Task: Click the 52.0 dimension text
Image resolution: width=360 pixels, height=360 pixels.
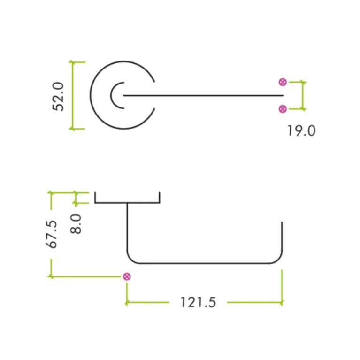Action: tap(58, 96)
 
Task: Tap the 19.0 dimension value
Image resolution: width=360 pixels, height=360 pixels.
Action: tap(301, 130)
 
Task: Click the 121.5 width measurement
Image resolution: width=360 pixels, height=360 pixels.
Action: tap(198, 302)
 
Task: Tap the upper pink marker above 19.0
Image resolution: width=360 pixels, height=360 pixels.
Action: tap(283, 82)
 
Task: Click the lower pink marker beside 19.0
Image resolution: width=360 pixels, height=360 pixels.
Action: tap(283, 109)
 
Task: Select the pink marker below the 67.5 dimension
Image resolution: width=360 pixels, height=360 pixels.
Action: tap(127, 276)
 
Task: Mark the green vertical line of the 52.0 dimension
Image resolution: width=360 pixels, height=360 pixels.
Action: tap(72, 95)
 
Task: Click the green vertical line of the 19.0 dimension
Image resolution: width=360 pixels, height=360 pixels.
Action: tap(303, 95)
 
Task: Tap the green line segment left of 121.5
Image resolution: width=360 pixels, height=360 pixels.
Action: tap(147, 302)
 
